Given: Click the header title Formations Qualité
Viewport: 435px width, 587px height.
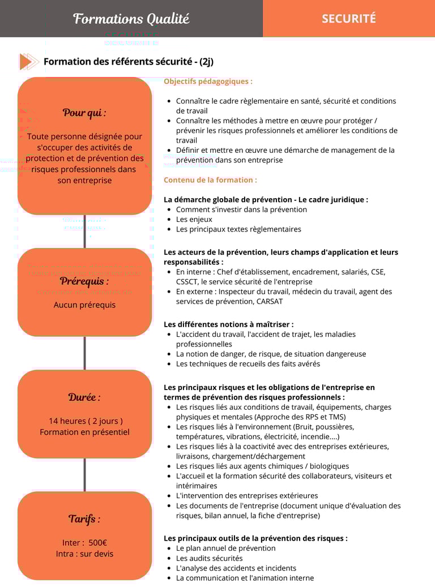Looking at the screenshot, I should (x=131, y=19).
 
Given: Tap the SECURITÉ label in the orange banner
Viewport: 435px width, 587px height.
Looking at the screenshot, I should (x=348, y=19).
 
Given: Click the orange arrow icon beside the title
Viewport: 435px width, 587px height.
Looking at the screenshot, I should (x=28, y=61).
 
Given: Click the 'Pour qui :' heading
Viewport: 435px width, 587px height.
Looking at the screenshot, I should (x=84, y=113).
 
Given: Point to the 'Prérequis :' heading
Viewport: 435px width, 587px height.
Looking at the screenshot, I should (x=84, y=281).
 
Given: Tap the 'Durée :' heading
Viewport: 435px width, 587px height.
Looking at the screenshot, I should (x=84, y=397).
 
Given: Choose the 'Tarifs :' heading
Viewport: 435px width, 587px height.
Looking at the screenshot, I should (x=84, y=519).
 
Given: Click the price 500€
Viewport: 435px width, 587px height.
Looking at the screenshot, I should (x=97, y=543).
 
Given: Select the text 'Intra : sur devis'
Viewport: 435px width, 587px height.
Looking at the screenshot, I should (x=84, y=554).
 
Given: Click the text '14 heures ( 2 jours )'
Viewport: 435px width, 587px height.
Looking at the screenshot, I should (x=86, y=421).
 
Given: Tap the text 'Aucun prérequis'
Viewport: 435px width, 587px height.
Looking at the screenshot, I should (x=84, y=305).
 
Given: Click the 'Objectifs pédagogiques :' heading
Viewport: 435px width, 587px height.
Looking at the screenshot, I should (x=208, y=82).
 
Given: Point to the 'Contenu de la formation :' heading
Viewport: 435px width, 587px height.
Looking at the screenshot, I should (x=210, y=180).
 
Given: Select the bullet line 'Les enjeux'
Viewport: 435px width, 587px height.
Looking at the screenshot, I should (x=194, y=220).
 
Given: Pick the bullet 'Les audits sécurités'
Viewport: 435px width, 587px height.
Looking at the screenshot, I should (x=209, y=558).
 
